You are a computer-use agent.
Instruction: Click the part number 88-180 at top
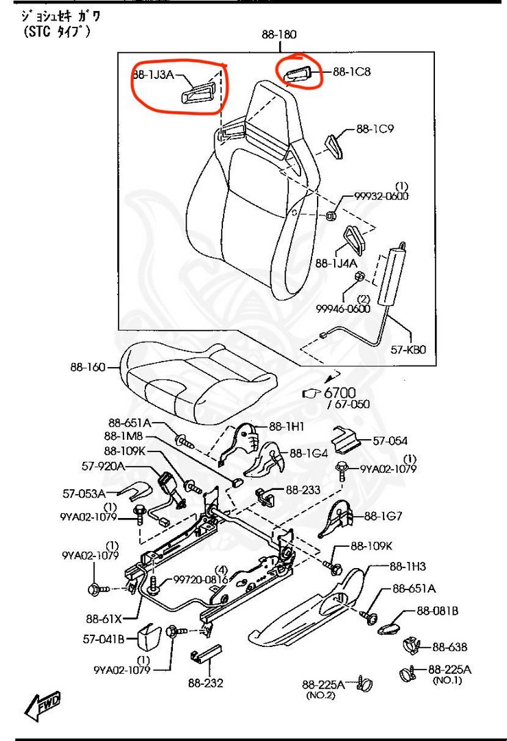[279, 34]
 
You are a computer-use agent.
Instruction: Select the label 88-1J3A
[152, 74]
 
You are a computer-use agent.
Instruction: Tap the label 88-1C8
[351, 71]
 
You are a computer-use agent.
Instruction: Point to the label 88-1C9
[374, 128]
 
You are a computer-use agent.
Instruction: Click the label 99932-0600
[381, 196]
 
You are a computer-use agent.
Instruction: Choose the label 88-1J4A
[336, 263]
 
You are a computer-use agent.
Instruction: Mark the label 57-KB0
[409, 349]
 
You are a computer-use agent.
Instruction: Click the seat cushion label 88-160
[87, 367]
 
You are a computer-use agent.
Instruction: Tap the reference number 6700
[340, 393]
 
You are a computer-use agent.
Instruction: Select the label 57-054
[390, 441]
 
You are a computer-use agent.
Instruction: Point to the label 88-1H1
[286, 426]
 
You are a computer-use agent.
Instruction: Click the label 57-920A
[103, 466]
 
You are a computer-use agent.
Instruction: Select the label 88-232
[205, 683]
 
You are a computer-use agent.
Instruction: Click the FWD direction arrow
[43, 705]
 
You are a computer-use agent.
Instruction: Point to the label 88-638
[449, 646]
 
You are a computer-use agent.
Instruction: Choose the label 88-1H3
[408, 566]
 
